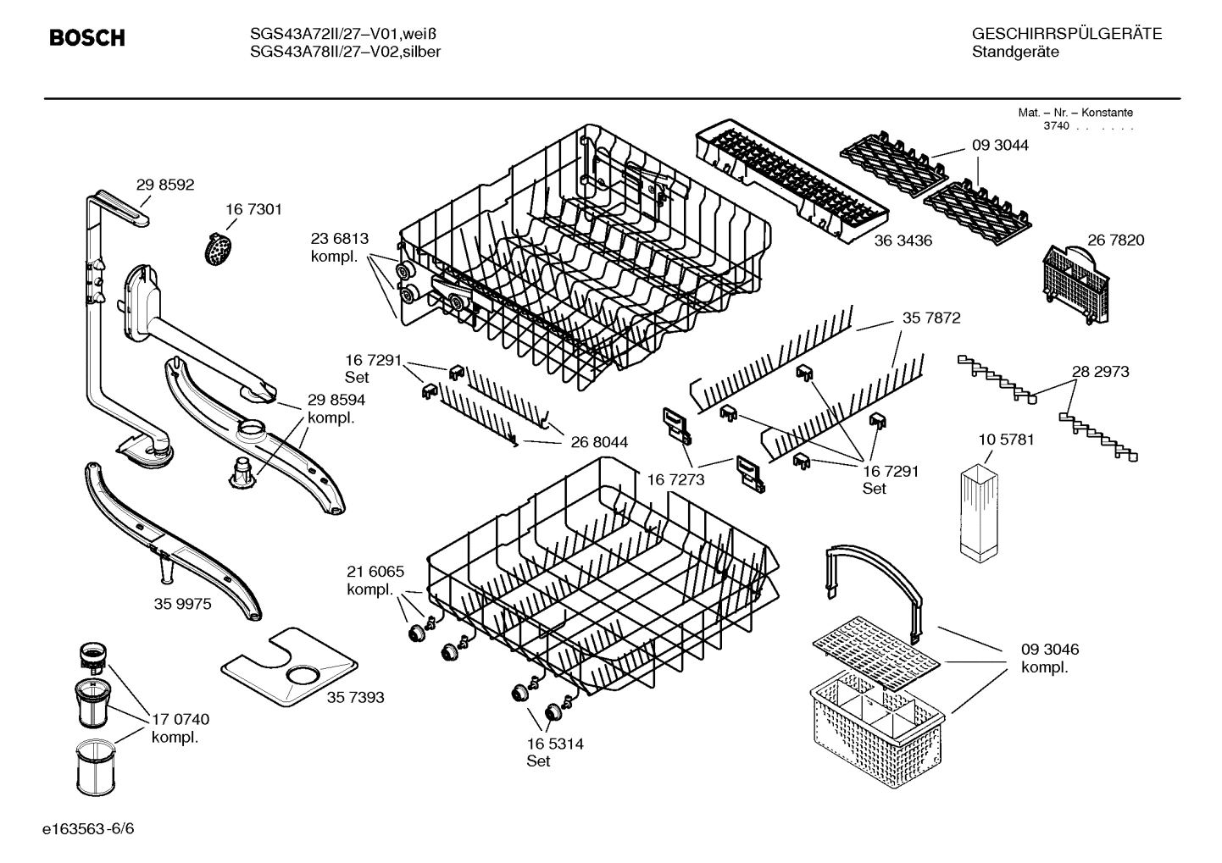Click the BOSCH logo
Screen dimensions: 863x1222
(x=86, y=38)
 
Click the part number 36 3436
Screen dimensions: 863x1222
(x=903, y=241)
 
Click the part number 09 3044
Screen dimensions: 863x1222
(x=1000, y=145)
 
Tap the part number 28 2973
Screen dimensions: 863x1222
(x=1100, y=371)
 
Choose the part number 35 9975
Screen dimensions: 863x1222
(x=182, y=604)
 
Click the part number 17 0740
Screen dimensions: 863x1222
(x=180, y=719)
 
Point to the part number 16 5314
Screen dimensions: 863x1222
(x=554, y=744)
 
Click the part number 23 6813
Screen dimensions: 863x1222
(x=340, y=239)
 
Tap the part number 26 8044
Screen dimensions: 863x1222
(x=599, y=441)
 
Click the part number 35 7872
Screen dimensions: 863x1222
(x=931, y=318)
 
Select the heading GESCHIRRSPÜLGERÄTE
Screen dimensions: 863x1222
(x=1066, y=34)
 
